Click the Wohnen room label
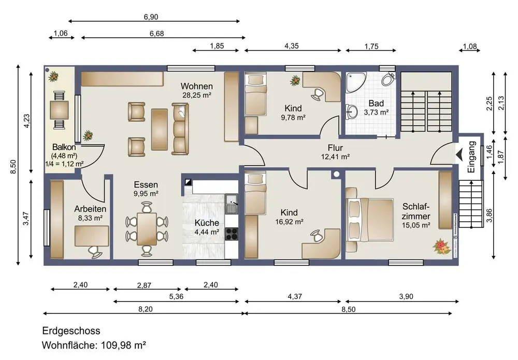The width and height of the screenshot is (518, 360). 196,86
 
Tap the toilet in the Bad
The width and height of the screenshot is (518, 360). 388,79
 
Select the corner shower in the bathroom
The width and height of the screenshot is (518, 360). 355,82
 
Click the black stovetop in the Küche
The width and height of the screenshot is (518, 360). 232,234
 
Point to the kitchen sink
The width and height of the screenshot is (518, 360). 232,204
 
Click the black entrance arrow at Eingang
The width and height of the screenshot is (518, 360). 459,154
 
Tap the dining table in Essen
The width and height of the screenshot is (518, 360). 147,229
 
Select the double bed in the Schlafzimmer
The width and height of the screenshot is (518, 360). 369,219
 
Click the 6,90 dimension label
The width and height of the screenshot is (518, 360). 151,17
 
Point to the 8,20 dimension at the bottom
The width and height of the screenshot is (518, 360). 146,309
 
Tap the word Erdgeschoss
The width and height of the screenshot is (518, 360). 71,330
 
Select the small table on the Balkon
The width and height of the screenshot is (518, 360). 60,110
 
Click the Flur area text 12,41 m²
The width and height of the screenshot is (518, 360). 335,157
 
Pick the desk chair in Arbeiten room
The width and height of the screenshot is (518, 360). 95,252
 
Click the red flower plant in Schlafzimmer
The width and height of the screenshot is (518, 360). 442,247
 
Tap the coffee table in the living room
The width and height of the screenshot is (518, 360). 160,129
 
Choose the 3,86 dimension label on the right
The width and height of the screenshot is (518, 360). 490,215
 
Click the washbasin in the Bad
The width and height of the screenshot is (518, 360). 352,112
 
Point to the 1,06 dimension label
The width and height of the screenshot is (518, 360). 61,33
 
